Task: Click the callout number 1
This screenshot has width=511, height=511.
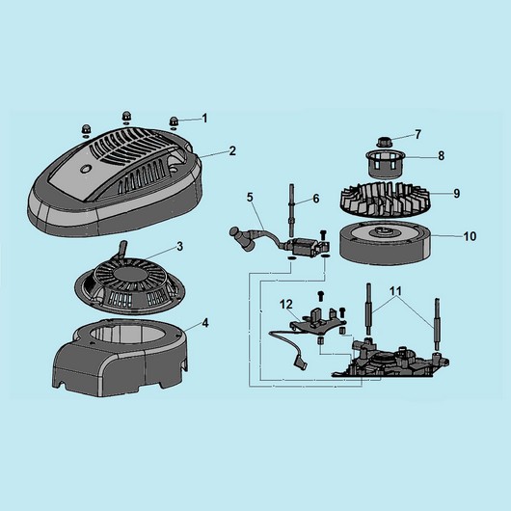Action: click(204, 118)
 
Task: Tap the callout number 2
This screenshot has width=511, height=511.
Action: click(232, 150)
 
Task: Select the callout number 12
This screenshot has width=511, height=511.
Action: click(286, 305)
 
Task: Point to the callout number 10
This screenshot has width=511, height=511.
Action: click(470, 236)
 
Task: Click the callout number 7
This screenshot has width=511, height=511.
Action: click(417, 134)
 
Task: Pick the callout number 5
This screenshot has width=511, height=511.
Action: click(250, 197)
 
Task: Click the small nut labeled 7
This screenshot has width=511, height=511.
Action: click(384, 143)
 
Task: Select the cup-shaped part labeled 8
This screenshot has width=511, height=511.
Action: click(385, 164)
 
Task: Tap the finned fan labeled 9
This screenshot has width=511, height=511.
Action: click(386, 200)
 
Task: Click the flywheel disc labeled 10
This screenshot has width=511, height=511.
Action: click(386, 241)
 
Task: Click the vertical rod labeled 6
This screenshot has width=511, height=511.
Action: click(289, 210)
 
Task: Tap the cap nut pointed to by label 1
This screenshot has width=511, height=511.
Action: click(173, 121)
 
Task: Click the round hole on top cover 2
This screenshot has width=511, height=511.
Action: click(86, 169)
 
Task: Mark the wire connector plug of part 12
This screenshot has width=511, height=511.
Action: click(301, 363)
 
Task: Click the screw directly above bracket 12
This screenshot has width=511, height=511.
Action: click(321, 296)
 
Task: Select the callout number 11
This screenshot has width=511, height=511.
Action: click(395, 291)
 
